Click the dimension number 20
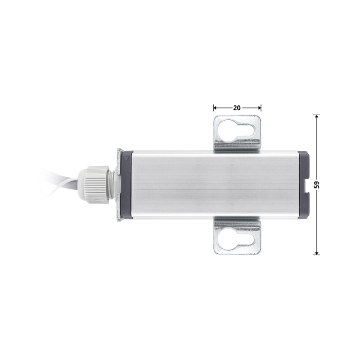click(x=237, y=108)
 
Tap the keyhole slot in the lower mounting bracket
click(x=237, y=238)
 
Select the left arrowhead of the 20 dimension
click(x=215, y=108)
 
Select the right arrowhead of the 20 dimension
click(x=260, y=108)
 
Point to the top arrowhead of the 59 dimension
click(x=317, y=117)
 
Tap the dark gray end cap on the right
click(x=305, y=184)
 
